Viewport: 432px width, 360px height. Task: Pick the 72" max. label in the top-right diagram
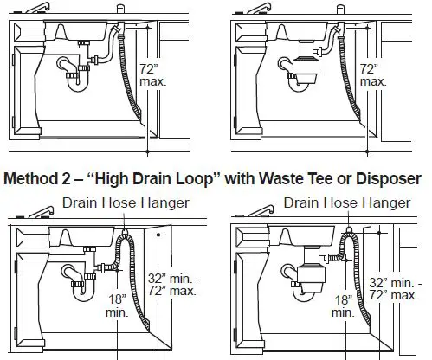pyautogui.click(x=372, y=74)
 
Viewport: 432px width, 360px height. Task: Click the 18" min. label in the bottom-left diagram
pyautogui.click(x=117, y=306)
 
